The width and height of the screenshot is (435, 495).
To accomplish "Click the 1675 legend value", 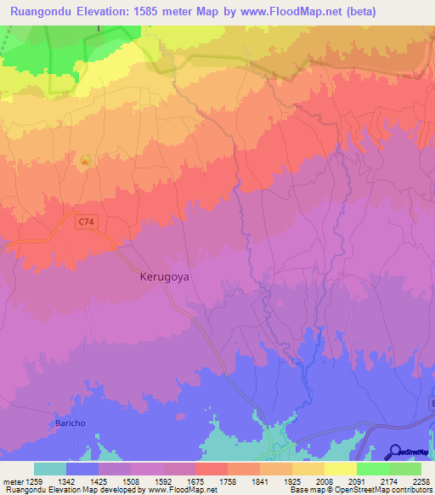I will click(x=195, y=481).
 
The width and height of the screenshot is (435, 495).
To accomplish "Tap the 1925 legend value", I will click(x=291, y=481).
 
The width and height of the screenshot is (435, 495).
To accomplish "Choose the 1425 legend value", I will click(x=99, y=481).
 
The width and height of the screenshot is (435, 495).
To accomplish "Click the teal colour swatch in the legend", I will click(x=50, y=469).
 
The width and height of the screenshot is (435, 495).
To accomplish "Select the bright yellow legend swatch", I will click(x=340, y=469).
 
